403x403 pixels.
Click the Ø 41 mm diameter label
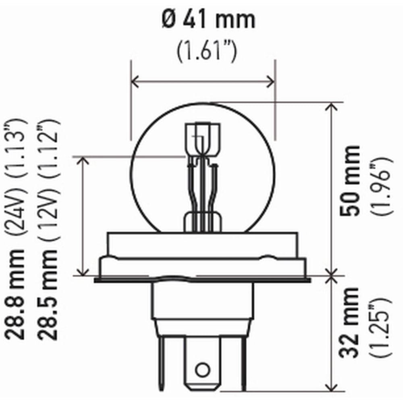point(209,20)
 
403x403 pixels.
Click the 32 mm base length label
point(349,322)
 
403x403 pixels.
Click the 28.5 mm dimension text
point(48,295)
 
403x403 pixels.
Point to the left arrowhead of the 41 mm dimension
point(135,81)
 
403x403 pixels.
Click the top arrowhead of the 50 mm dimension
point(331,106)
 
